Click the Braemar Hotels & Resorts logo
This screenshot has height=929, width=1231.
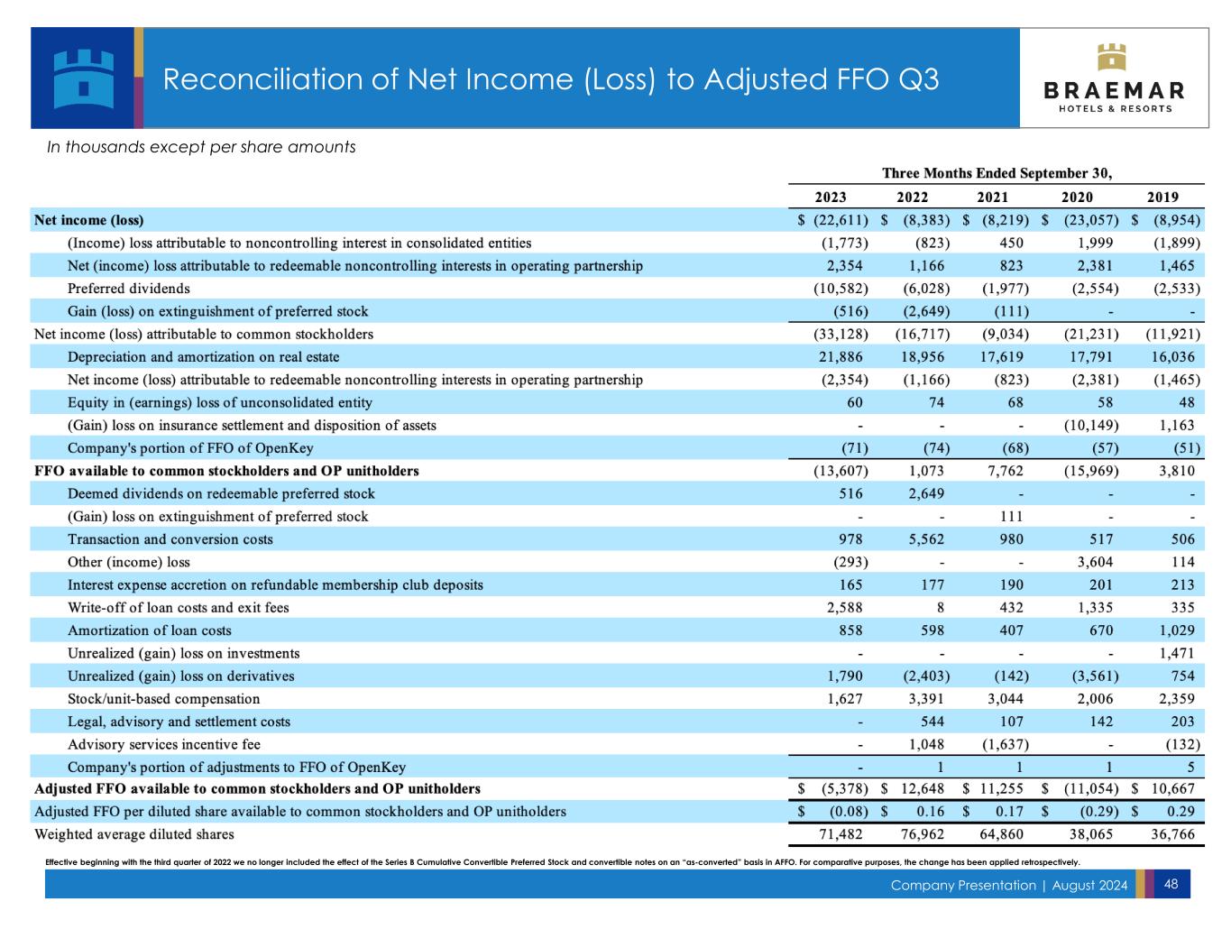1114,78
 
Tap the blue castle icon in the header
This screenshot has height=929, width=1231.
83,78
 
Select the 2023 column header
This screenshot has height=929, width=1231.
831,198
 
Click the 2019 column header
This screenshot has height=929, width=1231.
1162,198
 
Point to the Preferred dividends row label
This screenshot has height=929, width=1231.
129,289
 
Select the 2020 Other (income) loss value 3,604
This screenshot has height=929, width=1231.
1094,562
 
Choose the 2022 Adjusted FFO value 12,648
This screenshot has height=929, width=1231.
923,789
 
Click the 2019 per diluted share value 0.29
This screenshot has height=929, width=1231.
1182,812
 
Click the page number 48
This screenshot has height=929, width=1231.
1171,884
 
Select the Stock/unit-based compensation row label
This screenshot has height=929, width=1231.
163,699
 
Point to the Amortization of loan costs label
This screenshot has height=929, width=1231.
149,630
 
